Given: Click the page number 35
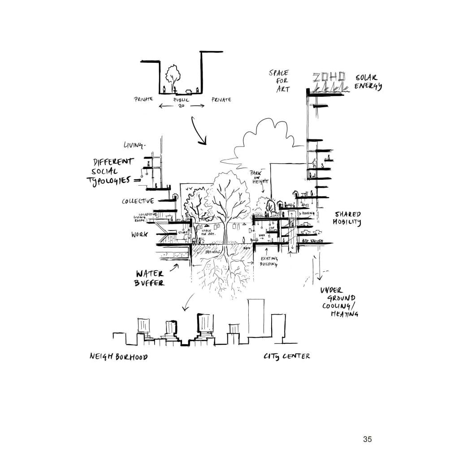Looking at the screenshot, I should coord(367,439).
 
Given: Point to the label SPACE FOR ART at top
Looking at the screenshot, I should coord(280,81).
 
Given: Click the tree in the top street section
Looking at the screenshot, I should coord(173,74).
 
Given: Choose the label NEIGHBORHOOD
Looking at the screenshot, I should coord(118,357).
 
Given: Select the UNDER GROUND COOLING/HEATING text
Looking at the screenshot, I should coord(339,302).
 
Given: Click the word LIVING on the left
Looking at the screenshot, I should coord(134,145).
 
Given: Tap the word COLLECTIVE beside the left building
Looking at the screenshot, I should coord(139,201).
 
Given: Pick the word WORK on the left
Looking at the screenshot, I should coord(139,234).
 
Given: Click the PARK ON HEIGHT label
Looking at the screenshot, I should coord(260,176).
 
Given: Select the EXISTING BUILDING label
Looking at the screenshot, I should coord(269,261).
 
